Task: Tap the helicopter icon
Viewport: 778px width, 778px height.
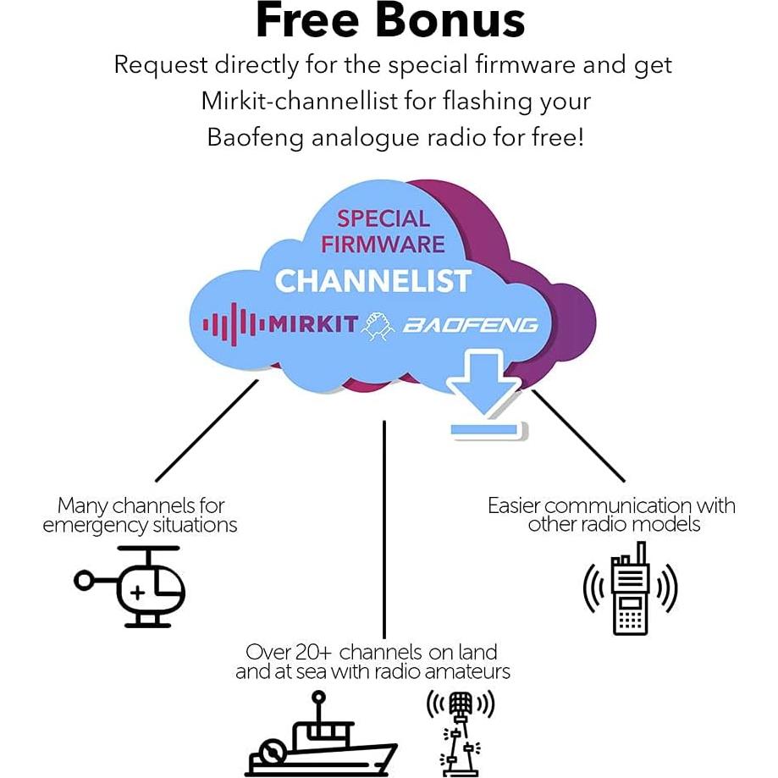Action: click(135, 586)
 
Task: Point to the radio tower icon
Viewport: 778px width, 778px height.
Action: click(460, 733)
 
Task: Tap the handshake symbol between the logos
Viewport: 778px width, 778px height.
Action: click(378, 325)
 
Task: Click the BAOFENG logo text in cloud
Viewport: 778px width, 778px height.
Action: click(470, 324)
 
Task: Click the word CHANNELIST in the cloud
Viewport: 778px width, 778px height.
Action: click(372, 280)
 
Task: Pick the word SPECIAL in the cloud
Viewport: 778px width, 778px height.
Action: click(383, 218)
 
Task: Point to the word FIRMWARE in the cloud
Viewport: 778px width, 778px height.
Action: click(383, 244)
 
